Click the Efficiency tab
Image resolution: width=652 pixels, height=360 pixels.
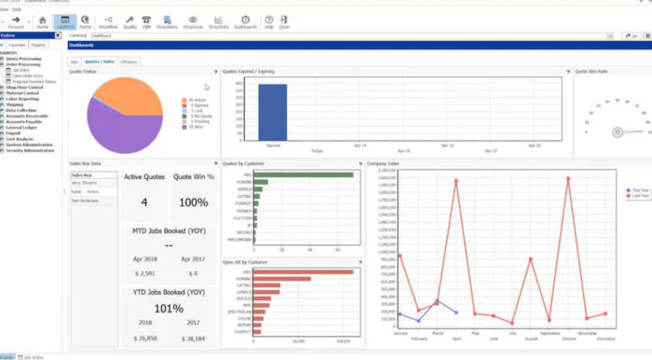[128, 61]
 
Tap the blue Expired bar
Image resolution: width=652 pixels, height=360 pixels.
[273, 113]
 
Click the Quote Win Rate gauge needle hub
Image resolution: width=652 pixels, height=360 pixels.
[617, 132]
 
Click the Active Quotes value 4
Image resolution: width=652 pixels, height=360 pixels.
[143, 201]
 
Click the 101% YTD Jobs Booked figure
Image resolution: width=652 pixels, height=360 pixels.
[169, 309]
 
